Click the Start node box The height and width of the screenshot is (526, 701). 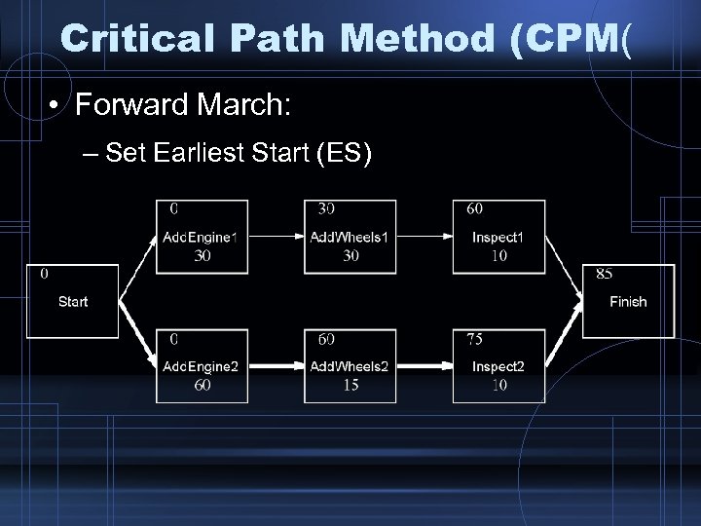coord(73,302)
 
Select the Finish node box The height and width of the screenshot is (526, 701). coord(628,302)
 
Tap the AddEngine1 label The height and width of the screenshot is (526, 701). coord(202,238)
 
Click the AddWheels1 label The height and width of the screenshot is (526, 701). coord(350,238)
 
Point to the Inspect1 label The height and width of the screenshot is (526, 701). coord(498,238)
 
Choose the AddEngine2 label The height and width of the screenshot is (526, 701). coord(202,366)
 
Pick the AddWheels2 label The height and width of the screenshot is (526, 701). coord(350,366)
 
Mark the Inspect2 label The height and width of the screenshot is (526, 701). coord(498,366)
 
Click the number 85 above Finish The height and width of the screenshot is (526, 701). coord(605,274)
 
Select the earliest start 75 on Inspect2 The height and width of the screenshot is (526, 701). coord(474,339)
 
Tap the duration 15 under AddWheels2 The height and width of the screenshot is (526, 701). coord(350,385)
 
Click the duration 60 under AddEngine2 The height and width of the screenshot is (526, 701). coord(202,385)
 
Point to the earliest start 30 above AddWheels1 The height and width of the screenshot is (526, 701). coord(327,208)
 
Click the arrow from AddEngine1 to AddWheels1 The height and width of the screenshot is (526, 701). coord(276,237)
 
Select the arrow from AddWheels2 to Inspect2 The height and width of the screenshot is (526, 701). coord(424,366)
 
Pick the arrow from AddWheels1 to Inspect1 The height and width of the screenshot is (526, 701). coord(424,237)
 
